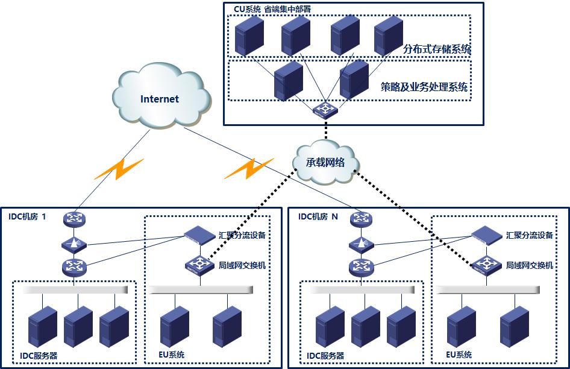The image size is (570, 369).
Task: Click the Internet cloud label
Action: (160, 99)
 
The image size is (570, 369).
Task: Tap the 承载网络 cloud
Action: (325, 162)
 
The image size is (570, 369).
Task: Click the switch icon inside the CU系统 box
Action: (325, 109)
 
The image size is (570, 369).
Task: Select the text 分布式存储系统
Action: (437, 49)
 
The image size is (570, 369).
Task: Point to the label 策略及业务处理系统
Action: (424, 87)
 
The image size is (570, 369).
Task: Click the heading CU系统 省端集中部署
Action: (272, 10)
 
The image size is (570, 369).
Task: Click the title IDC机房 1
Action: (27, 216)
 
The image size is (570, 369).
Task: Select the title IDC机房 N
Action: (318, 216)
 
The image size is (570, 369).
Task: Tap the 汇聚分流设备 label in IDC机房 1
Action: (242, 235)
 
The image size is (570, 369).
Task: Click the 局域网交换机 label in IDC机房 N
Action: (529, 265)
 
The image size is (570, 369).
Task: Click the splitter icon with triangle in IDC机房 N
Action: (362, 244)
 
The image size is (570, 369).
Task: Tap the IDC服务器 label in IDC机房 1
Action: (38, 356)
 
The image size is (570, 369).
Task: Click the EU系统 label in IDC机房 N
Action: (459, 355)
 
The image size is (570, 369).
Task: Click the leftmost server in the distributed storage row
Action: (249, 36)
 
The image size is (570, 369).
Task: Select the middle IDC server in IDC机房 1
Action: (78, 325)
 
